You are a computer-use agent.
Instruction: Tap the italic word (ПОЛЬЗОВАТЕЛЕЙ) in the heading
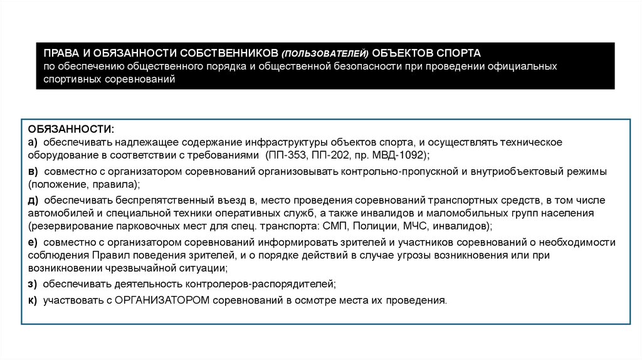[324, 53]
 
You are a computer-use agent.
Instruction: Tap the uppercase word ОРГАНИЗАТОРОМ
[162, 300]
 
